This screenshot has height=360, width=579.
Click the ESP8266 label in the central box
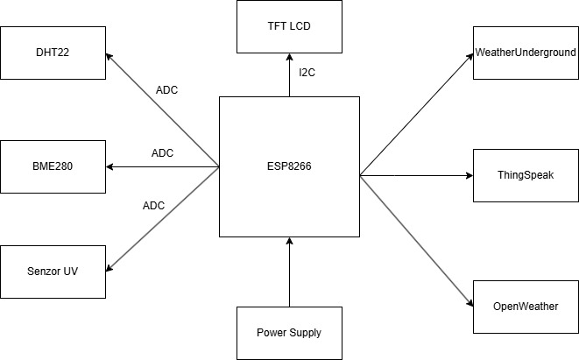288,166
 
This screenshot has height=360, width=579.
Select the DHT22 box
53,53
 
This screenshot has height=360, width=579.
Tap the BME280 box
53,166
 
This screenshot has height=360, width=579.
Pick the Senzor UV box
53,272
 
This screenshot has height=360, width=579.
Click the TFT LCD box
288,26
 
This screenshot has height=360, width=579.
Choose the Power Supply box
288,333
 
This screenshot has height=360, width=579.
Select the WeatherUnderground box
526,53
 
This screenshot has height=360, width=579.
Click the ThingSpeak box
526,175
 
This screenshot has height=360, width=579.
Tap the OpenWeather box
526,306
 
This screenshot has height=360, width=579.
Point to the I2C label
306,73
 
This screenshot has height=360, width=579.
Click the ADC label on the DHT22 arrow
166,90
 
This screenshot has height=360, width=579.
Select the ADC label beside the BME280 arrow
163,153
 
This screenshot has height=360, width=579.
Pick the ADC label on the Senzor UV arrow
153,206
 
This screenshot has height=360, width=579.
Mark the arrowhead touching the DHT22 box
109,57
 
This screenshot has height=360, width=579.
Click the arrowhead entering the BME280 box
110,166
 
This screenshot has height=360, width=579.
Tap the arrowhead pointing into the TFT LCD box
288,58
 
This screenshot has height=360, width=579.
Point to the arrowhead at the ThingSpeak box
468,175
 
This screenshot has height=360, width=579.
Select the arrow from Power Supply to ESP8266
288,272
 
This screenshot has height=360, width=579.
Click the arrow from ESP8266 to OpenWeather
416,240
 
